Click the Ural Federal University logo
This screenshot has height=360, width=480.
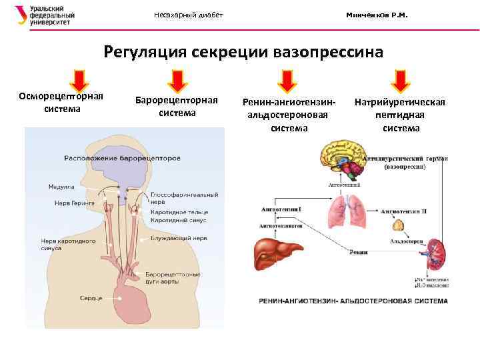[45, 15]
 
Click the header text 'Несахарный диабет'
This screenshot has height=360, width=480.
[189, 15]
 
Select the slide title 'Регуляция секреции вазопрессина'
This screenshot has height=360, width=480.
[243, 51]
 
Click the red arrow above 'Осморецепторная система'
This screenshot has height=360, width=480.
[79, 81]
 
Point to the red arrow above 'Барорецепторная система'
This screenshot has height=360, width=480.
[177, 81]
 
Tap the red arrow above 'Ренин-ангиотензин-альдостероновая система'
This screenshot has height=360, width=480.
[287, 81]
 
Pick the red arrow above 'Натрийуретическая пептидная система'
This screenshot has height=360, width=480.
[400, 81]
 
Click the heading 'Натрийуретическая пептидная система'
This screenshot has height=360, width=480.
[400, 115]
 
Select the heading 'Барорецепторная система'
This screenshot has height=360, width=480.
[177, 106]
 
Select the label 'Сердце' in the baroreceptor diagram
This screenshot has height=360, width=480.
[91, 297]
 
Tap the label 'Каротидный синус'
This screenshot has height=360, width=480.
[178, 219]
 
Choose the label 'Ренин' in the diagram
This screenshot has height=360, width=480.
[358, 252]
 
